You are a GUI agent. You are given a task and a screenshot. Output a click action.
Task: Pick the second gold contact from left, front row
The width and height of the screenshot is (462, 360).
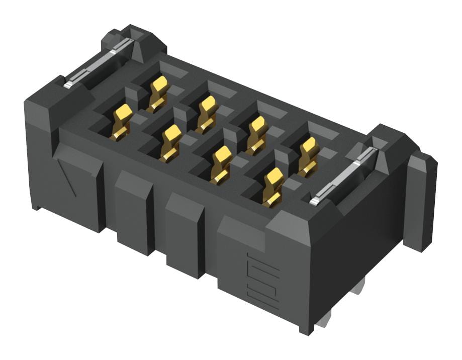click(171, 142)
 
